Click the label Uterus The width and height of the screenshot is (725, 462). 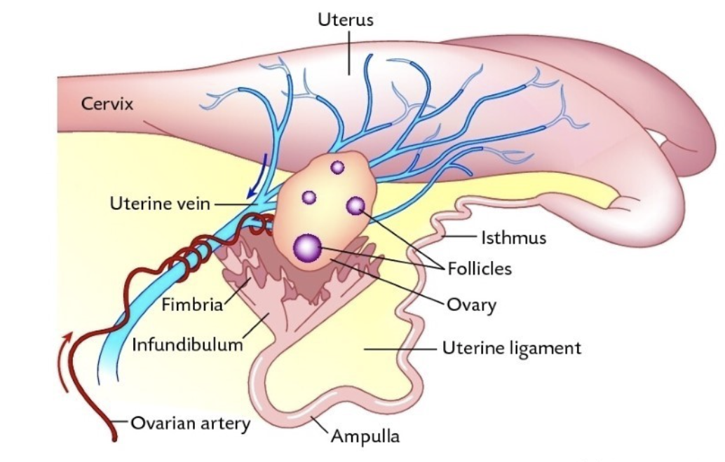point(346,20)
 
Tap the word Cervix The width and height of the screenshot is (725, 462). point(107,104)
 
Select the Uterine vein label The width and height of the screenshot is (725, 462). point(161,204)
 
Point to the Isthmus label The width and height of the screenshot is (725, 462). point(513,238)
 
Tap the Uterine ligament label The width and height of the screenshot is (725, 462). point(511,347)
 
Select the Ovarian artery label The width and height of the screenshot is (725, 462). point(189,422)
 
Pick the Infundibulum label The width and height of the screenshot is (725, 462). point(187,344)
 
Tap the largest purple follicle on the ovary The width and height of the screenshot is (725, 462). point(307,246)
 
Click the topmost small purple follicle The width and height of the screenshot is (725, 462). point(337,167)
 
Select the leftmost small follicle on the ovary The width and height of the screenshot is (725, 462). point(309,197)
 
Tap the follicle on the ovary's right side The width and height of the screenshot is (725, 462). point(355,205)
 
